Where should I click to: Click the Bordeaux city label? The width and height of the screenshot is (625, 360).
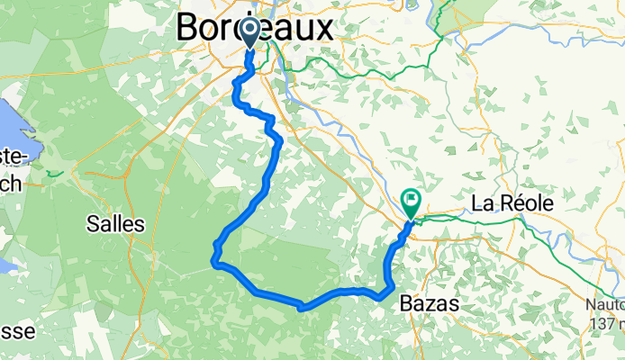coord(255,27)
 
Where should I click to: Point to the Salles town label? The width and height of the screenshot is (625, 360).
coord(115,224)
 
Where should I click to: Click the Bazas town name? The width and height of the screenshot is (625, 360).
coord(430,306)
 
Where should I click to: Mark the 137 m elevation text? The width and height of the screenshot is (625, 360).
coord(609,323)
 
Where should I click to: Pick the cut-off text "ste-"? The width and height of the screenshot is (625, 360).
coord(13,157)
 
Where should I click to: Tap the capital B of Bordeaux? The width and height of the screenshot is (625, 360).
coord(188,27)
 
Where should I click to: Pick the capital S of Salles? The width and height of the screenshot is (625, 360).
coord(94,224)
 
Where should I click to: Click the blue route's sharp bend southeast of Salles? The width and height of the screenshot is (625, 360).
coord(214,262)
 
